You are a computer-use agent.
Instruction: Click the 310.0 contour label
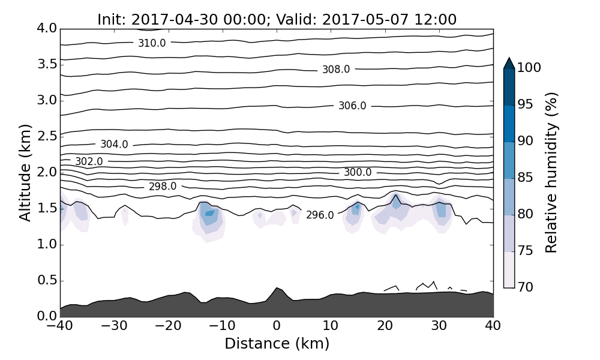pos(152,43)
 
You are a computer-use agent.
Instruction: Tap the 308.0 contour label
pos(336,70)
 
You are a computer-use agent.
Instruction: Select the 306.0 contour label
pos(352,106)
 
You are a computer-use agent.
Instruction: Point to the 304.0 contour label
pos(114,145)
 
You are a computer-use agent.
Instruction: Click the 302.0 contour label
pos(89,162)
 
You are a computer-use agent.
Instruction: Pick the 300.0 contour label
pos(358,173)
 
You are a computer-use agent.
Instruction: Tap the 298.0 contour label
pos(163,187)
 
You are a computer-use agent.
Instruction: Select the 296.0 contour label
pos(320,215)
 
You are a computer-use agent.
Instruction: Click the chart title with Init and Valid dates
pos(277,20)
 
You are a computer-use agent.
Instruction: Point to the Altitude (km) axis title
pos(25,172)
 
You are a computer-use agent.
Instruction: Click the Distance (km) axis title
pos(277,344)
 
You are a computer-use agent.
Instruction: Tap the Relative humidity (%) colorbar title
pos(551,172)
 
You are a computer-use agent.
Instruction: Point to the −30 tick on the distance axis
pos(113,326)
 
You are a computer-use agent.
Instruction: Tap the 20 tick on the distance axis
pos(385,326)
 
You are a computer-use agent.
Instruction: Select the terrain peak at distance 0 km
pos(277,289)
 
